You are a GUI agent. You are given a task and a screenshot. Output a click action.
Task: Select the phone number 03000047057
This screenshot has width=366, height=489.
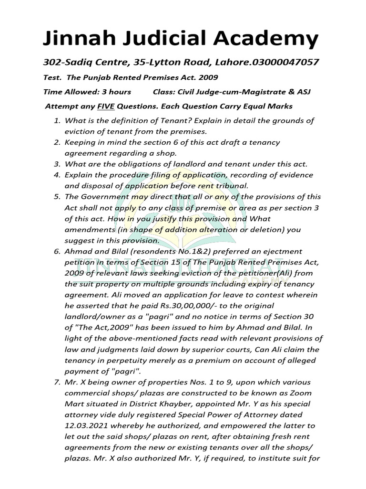coord(284,63)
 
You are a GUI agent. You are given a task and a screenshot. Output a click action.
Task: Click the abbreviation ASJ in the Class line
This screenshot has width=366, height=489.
coord(303,92)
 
